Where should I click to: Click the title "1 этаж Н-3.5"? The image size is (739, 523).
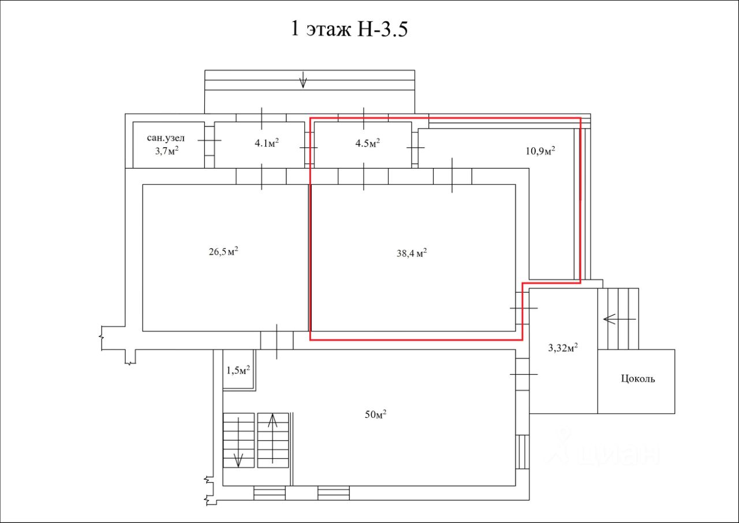(349, 29)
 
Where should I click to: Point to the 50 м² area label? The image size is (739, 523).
(375, 414)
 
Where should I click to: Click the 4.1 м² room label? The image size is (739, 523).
(267, 143)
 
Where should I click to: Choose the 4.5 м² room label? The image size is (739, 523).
(368, 143)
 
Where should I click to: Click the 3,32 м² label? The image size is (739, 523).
(563, 348)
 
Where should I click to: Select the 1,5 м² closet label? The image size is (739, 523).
(238, 370)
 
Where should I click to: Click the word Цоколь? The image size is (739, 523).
(638, 379)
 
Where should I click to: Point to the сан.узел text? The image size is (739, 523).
(166, 139)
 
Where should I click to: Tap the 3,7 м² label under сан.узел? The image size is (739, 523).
(166, 151)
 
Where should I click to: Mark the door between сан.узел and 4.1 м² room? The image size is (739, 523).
(209, 140)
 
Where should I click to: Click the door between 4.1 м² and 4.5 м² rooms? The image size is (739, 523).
(309, 148)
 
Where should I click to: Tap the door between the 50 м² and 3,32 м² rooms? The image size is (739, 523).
(523, 374)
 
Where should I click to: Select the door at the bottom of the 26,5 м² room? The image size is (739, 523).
(277, 340)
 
